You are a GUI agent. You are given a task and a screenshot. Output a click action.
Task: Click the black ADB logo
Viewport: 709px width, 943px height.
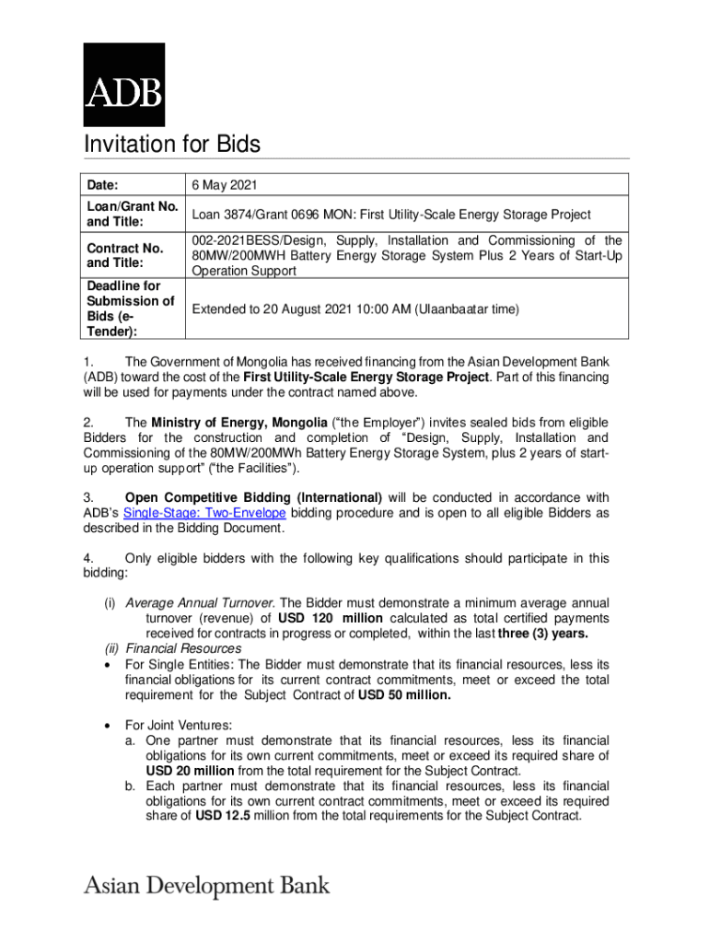point(124,84)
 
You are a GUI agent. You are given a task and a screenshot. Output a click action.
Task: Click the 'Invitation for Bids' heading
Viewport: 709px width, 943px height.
point(172,145)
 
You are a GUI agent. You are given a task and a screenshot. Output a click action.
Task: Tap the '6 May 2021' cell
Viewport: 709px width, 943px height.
point(225,184)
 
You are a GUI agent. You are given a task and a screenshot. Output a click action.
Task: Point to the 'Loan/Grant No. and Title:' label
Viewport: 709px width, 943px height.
point(132,215)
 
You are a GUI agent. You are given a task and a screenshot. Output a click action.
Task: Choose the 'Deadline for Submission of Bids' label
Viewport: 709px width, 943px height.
point(130,309)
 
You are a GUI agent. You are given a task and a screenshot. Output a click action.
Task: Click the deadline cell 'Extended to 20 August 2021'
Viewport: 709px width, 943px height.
point(354,309)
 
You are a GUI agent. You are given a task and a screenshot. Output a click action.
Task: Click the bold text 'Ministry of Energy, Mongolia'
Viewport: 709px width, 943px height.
point(238,422)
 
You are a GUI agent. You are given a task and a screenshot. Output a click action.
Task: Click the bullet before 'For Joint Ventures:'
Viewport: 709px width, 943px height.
point(110,725)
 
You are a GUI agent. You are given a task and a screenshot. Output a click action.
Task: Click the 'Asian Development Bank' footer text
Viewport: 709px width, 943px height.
point(207,886)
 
